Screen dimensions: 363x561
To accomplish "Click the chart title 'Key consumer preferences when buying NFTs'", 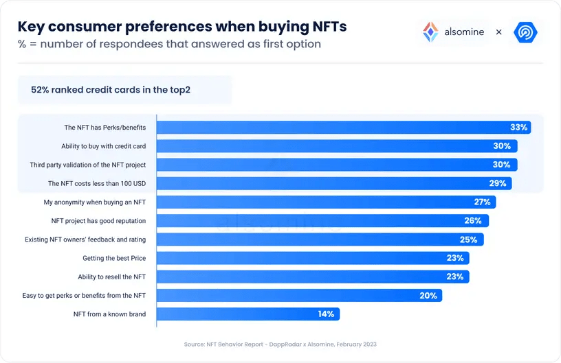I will click(181, 27).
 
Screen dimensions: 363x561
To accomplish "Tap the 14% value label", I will click(326, 314).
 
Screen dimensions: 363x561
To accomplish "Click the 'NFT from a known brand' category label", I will click(109, 314).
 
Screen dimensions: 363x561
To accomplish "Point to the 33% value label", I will click(518, 128).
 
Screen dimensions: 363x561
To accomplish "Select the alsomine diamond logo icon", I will click(430, 32).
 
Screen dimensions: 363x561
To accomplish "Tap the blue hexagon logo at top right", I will click(526, 32).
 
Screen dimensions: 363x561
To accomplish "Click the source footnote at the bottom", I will click(280, 344).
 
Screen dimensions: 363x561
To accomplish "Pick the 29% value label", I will click(498, 183).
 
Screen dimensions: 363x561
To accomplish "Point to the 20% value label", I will click(428, 295).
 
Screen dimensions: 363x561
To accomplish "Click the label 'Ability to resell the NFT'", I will click(111, 277).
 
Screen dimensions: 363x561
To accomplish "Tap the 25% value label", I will click(468, 239).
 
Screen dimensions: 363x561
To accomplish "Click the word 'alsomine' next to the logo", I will click(464, 32).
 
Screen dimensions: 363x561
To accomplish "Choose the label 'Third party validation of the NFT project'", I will click(87, 165).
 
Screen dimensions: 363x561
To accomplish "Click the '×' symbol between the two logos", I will click(498, 32).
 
